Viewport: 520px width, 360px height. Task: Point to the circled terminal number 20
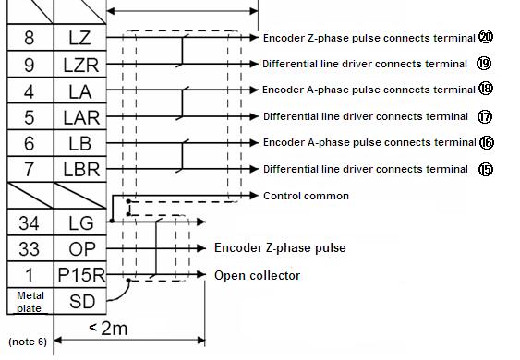coord(486,37)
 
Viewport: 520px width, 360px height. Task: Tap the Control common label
coord(306,196)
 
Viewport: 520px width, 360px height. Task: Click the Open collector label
coord(257,275)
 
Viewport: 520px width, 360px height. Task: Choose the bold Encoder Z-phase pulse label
coord(280,248)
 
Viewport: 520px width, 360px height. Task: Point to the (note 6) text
coord(27,341)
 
